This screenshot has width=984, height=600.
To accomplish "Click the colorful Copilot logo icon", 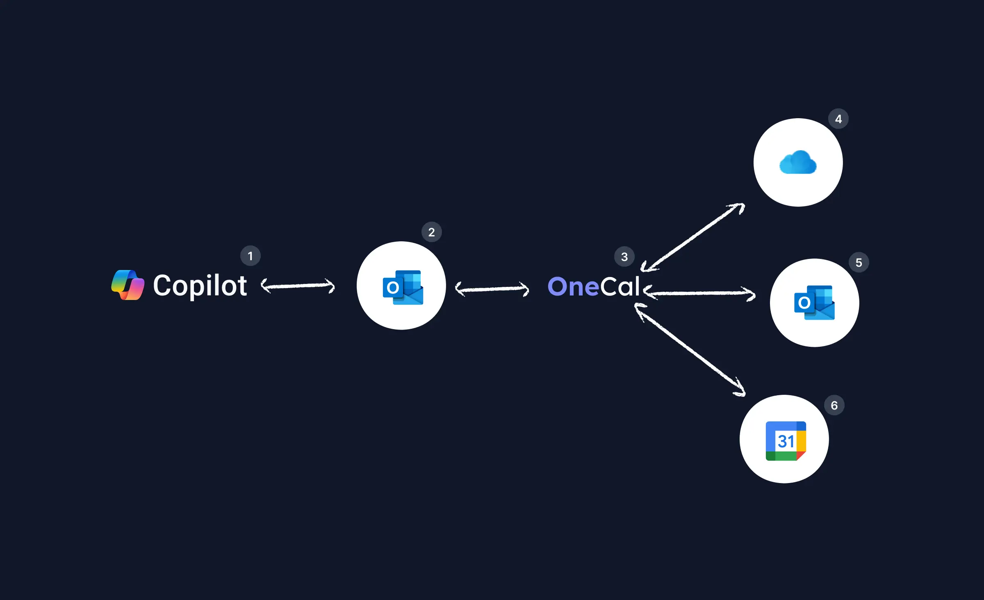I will pyautogui.click(x=128, y=285).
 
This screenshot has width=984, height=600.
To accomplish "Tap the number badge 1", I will pyautogui.click(x=250, y=256).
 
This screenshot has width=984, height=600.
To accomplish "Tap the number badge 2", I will pyautogui.click(x=431, y=232).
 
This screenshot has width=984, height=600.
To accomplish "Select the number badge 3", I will pyautogui.click(x=624, y=257).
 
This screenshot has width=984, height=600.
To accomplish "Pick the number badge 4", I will pyautogui.click(x=838, y=119).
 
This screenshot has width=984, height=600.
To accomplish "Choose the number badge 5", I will pyautogui.click(x=859, y=263).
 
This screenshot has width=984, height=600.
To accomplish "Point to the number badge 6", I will pyautogui.click(x=834, y=405).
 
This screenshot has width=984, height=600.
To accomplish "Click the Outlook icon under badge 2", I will pyautogui.click(x=403, y=287).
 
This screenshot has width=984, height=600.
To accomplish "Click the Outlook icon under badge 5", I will pyautogui.click(x=814, y=303).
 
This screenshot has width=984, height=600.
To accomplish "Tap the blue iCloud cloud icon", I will pyautogui.click(x=798, y=163).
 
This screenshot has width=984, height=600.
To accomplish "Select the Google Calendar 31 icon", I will pyautogui.click(x=786, y=441).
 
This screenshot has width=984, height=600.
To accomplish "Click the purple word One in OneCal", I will pyautogui.click(x=573, y=286).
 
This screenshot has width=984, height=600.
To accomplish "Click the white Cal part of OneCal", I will pyautogui.click(x=620, y=286).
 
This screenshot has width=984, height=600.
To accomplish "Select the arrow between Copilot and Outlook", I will pyautogui.click(x=298, y=286).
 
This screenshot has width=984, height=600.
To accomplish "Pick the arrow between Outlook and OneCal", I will pyautogui.click(x=492, y=289).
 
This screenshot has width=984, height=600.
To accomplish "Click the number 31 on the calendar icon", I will pyautogui.click(x=786, y=442).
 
